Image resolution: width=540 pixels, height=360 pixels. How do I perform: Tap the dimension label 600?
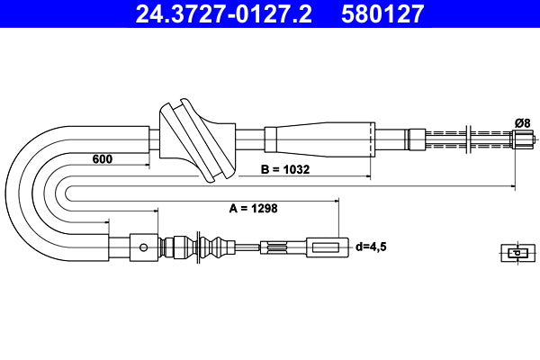pyautogui.click(x=103, y=159)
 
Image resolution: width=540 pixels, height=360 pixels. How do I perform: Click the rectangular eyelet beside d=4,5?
pyautogui.click(x=328, y=245)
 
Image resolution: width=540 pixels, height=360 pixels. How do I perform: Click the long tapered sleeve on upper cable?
pyautogui.click(x=325, y=139)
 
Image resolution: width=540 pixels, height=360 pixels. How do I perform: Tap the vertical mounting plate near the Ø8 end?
pyautogui.click(x=471, y=139)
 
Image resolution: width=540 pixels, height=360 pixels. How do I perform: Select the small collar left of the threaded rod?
pyautogui.click(x=415, y=139)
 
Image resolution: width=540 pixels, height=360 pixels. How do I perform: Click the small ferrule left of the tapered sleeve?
pyautogui.click(x=270, y=139)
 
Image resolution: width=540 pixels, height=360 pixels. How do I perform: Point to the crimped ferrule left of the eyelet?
pyautogui.click(x=275, y=245)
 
